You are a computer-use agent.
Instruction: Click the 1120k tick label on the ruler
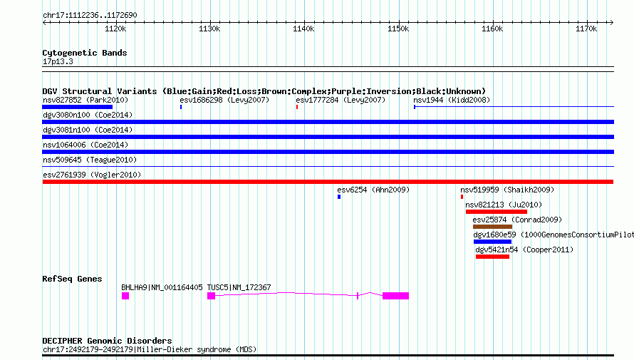click(115, 29)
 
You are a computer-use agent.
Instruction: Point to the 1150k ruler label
click(397, 29)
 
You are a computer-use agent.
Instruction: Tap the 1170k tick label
click(586, 29)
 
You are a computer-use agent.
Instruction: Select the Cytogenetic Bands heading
click(85, 53)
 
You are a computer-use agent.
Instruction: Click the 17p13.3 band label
click(58, 62)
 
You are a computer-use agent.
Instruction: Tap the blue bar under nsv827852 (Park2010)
click(77, 107)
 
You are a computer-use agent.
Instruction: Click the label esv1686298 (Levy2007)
click(224, 100)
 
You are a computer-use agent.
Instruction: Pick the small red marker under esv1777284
click(297, 107)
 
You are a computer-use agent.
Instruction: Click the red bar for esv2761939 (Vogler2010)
click(328, 182)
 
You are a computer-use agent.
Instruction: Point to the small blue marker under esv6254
click(339, 197)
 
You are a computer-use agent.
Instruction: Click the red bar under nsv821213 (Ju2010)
click(496, 212)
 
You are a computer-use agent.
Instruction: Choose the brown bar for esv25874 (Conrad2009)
click(492, 227)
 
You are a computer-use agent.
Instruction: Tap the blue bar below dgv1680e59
click(492, 242)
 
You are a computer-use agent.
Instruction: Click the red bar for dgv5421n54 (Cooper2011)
click(492, 257)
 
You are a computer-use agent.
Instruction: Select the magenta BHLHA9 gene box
click(125, 296)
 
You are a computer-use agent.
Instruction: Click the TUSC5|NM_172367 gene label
click(239, 287)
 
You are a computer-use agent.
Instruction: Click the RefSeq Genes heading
click(72, 279)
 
